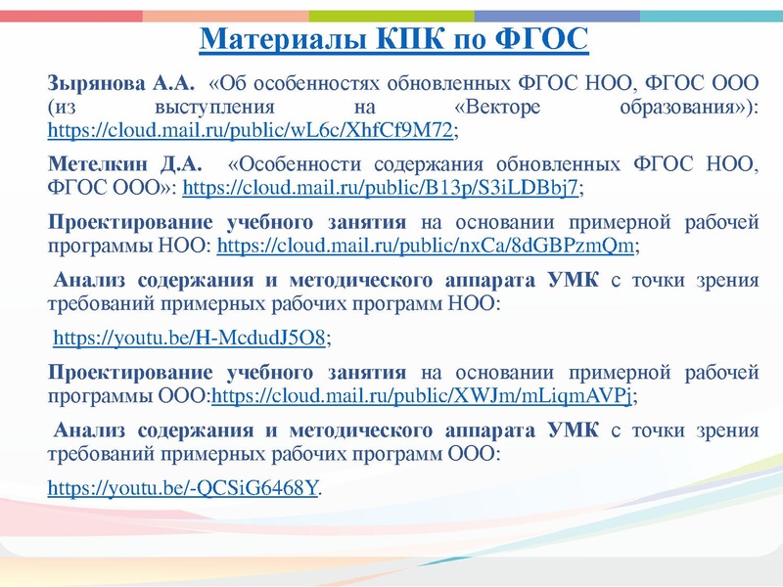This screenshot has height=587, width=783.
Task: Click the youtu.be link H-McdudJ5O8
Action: (189, 339)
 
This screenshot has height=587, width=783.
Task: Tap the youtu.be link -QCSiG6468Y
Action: (183, 485)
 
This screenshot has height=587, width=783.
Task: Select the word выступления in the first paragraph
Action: (210, 105)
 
